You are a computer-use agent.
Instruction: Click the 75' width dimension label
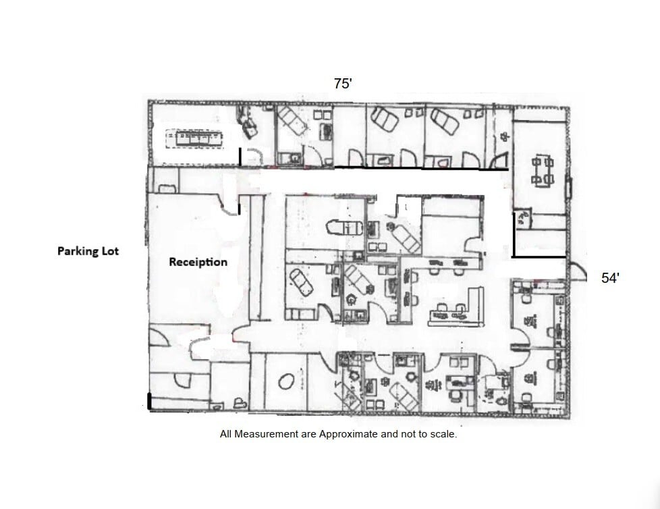point(343,83)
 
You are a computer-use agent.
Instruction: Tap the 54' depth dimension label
point(610,278)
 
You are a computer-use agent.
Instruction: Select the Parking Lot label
point(88,251)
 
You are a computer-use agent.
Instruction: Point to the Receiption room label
point(198,262)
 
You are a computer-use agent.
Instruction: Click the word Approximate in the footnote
point(348,434)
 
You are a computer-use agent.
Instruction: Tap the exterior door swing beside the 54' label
point(578,271)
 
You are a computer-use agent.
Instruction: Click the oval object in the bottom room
point(287,382)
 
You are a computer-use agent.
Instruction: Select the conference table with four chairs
point(543,171)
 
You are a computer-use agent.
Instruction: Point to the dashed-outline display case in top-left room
point(194,138)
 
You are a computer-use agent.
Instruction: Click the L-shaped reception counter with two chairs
point(456,308)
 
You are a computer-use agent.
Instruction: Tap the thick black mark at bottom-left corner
point(148,400)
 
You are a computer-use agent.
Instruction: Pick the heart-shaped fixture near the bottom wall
point(240,402)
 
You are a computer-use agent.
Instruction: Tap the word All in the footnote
point(225,434)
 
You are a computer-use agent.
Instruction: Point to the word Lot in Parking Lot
point(110,251)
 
